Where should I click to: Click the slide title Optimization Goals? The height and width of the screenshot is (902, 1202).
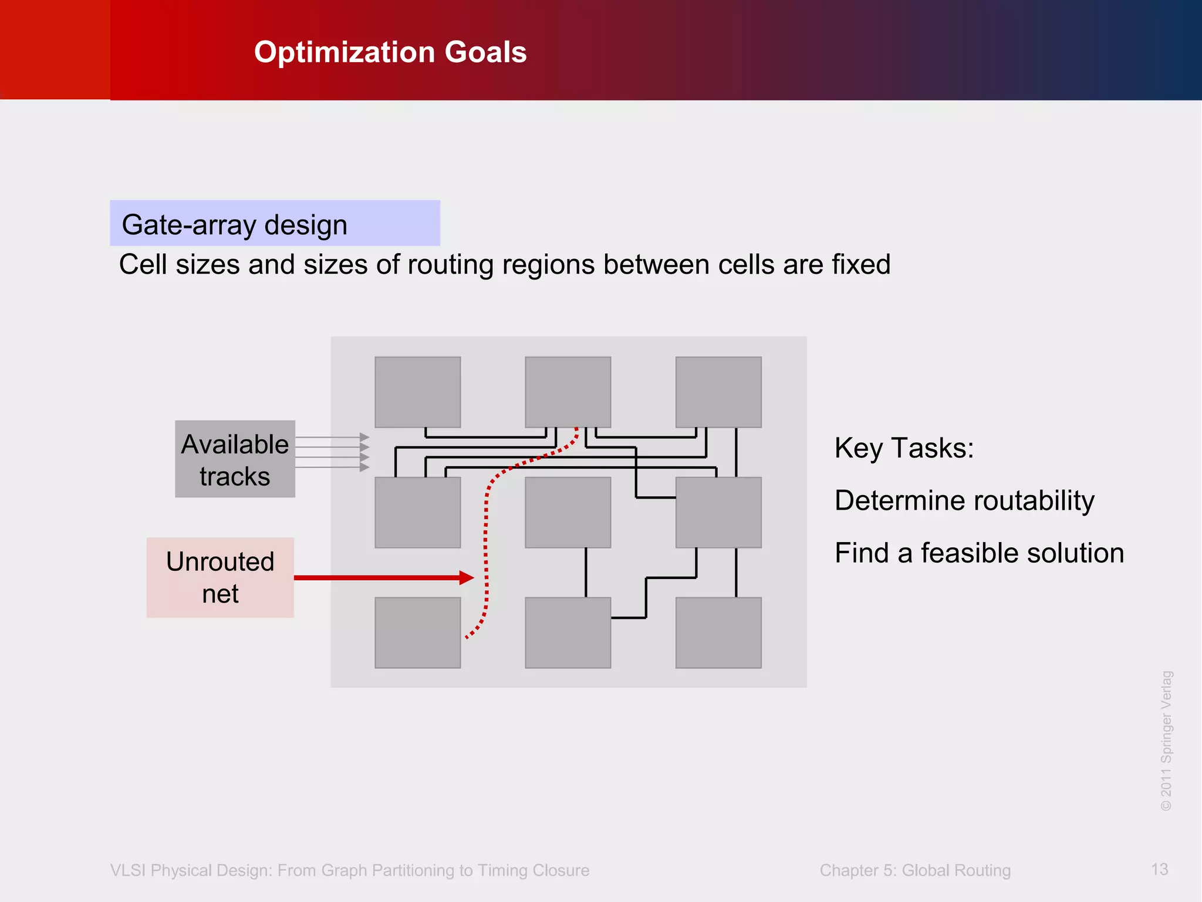tap(390, 52)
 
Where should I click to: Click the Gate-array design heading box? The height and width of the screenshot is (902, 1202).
tap(274, 223)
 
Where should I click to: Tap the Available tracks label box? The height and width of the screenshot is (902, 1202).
tap(235, 459)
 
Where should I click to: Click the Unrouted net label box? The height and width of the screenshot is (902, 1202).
tap(220, 577)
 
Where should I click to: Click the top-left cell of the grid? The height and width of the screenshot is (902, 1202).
tap(417, 392)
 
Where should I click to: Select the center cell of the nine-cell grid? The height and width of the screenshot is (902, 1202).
tap(568, 512)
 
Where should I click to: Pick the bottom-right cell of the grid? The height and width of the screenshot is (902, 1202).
tap(718, 632)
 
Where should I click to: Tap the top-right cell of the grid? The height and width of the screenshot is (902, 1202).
tap(718, 392)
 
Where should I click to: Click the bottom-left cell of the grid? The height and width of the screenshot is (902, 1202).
tap(417, 632)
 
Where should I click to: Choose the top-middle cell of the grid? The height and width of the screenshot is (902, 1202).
tap(568, 392)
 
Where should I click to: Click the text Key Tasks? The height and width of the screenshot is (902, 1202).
tap(904, 448)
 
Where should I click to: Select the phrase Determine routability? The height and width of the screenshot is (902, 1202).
tap(964, 501)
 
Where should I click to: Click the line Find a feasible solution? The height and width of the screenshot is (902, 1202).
tap(979, 553)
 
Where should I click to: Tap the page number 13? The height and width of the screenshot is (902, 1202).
tap(1159, 869)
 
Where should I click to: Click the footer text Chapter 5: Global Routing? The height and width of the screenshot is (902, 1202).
tap(915, 870)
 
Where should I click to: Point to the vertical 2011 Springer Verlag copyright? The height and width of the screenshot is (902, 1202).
tap(1166, 741)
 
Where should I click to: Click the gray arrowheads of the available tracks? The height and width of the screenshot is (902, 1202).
tap(364, 452)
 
